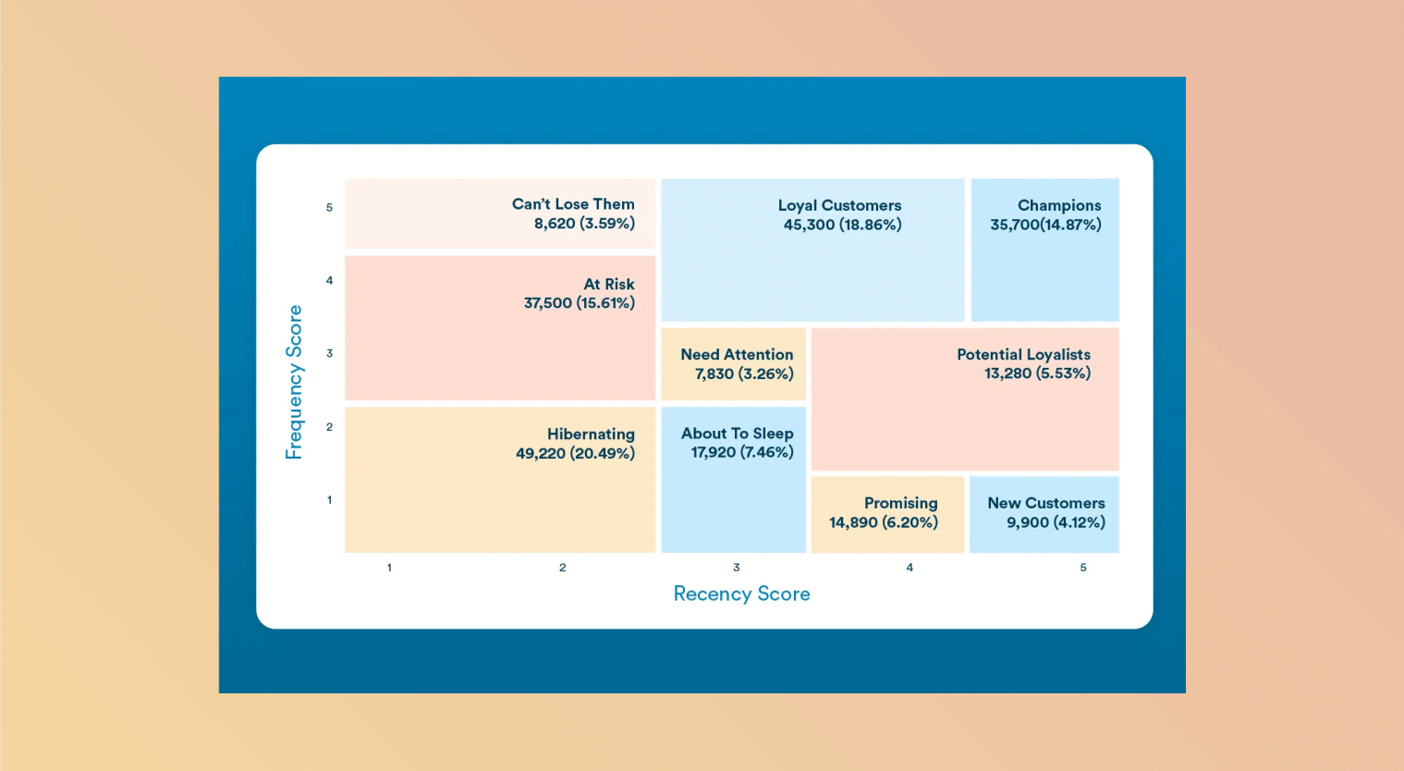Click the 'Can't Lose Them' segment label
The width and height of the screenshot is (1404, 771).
573,203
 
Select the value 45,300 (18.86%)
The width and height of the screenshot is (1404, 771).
842,225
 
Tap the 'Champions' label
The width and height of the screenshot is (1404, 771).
1059,205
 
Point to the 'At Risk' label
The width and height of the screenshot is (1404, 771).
609,284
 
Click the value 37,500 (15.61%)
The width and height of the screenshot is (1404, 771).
580,302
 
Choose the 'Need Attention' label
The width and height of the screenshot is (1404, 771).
737,354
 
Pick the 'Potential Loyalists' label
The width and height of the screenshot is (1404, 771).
1023,354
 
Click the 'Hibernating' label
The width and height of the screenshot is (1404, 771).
591,434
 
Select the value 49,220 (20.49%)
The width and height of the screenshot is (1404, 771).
576,453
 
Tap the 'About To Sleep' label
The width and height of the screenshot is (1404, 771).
737,434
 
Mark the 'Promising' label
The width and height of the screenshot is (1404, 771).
901,503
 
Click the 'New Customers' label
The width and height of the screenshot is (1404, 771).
1046,503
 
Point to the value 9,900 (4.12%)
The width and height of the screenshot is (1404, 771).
1056,522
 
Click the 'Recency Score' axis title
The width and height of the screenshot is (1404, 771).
741,594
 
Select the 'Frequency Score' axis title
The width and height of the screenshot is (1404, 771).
294,382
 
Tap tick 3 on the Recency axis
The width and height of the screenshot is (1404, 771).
737,568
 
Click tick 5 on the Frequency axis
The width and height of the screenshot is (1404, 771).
329,207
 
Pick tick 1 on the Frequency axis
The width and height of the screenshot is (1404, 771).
329,499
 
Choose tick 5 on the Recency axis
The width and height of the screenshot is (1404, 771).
1083,568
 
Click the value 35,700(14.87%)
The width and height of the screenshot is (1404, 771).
1045,225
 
